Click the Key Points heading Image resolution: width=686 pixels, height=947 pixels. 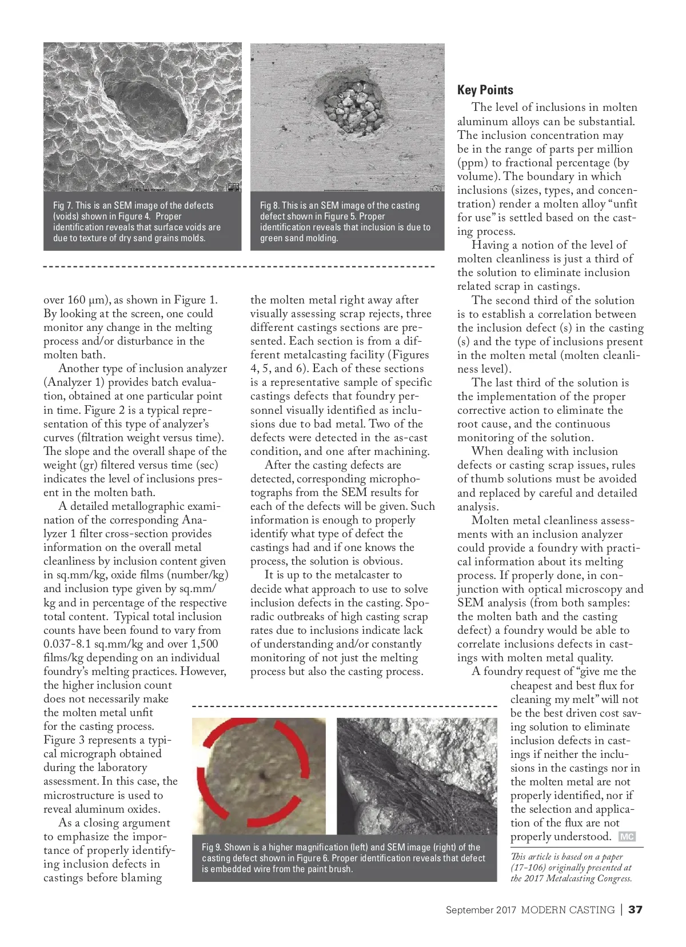click(x=485, y=90)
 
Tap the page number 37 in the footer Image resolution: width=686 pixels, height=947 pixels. click(x=635, y=910)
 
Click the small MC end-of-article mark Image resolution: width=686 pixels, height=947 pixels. click(x=627, y=837)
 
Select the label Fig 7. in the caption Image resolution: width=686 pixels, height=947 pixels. click(x=62, y=205)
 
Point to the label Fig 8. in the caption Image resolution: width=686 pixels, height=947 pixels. click(x=269, y=205)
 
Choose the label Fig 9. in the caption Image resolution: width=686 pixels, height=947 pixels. click(x=211, y=847)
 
